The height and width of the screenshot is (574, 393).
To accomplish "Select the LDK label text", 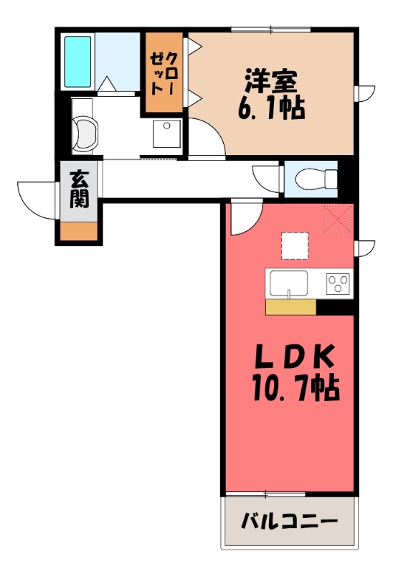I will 295,357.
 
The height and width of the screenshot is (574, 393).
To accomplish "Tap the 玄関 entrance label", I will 79,189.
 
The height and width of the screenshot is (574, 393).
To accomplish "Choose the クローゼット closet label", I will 164,74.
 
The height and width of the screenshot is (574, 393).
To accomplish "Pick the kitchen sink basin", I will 289,283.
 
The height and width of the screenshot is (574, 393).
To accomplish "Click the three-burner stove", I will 336,284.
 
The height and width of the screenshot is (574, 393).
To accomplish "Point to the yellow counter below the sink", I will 290,306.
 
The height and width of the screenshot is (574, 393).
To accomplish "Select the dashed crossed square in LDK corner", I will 338,219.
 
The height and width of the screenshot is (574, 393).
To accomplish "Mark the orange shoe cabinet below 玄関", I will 79,231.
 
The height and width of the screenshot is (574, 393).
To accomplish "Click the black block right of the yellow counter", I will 336,306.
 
